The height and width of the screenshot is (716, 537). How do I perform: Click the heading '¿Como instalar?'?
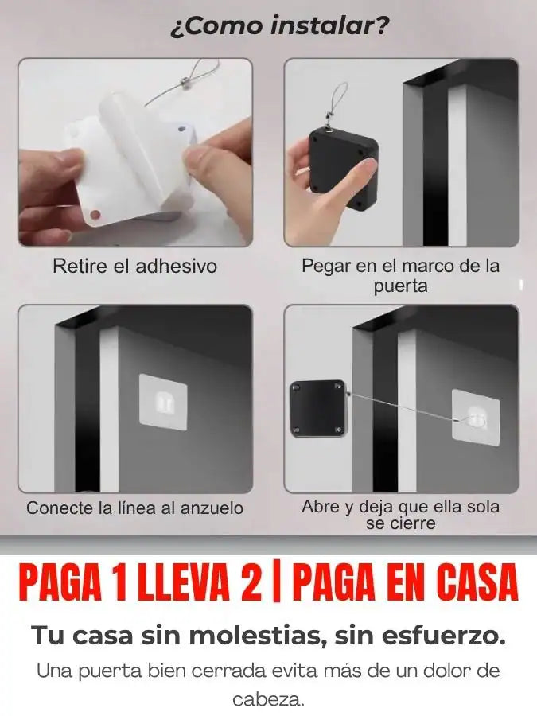pyautogui.click(x=279, y=26)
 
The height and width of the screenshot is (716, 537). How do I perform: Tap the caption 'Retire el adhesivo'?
pyautogui.click(x=134, y=267)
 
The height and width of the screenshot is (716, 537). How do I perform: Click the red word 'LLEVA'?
pyautogui.click(x=183, y=584)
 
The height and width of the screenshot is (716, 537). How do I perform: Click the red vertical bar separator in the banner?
pyautogui.click(x=275, y=584)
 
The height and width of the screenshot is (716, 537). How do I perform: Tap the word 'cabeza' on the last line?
pyautogui.click(x=266, y=698)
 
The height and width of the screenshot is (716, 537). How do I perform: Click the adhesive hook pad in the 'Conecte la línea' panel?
pyautogui.click(x=163, y=402)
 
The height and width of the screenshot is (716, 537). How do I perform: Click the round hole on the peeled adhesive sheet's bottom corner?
pyautogui.click(x=95, y=214)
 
